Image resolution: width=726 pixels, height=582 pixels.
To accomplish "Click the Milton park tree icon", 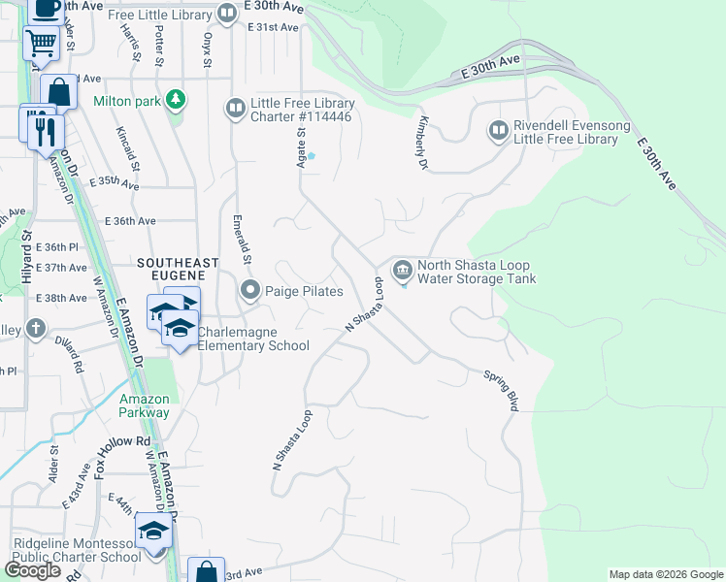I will point(175,99).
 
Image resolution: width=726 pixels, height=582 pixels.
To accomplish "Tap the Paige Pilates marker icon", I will point(250,290).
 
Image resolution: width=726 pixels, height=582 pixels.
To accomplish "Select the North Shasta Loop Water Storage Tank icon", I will point(402,269).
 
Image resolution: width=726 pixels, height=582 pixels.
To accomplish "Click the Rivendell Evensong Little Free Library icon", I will point(498,130).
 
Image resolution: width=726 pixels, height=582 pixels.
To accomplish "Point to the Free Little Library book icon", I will point(226,13).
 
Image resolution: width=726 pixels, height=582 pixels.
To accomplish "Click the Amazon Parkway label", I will point(145,405).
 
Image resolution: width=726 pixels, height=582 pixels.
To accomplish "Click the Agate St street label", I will point(301,146).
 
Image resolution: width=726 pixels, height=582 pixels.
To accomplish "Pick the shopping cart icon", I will point(41,43).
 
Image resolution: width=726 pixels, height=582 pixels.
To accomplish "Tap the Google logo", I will point(32,569).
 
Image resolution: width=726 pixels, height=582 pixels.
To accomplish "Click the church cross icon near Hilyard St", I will point(35,328).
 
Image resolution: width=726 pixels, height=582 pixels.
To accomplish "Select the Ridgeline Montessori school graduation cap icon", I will point(152,531).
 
